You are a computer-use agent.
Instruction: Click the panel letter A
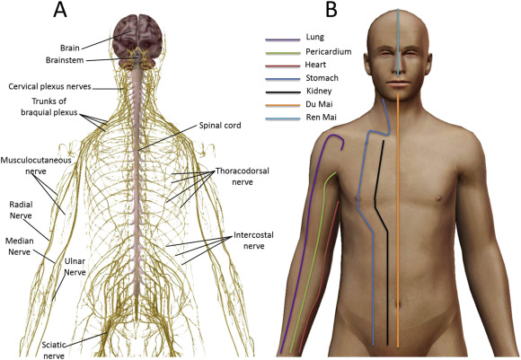[60, 10]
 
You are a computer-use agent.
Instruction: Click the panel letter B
[331, 10]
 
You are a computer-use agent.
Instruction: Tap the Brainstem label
[65, 60]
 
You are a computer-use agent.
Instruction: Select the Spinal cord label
[220, 125]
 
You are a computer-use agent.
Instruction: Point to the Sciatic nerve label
[54, 350]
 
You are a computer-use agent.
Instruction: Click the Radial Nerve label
[21, 210]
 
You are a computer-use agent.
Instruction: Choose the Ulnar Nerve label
[75, 267]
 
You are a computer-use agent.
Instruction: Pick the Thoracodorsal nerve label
[243, 176]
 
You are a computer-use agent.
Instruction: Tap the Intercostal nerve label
[254, 241]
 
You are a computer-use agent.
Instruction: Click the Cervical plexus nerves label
[49, 86]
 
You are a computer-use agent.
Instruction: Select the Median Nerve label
[19, 246]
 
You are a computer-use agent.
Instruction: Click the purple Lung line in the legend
[283, 40]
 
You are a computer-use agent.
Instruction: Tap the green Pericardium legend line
[283, 53]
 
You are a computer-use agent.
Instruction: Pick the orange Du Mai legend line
[283, 106]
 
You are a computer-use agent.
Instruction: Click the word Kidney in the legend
[319, 91]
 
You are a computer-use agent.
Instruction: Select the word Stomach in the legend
[322, 78]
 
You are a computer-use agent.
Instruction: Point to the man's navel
[399, 304]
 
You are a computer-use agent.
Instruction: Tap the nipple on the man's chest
[438, 198]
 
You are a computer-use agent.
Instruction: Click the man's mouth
[398, 83]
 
